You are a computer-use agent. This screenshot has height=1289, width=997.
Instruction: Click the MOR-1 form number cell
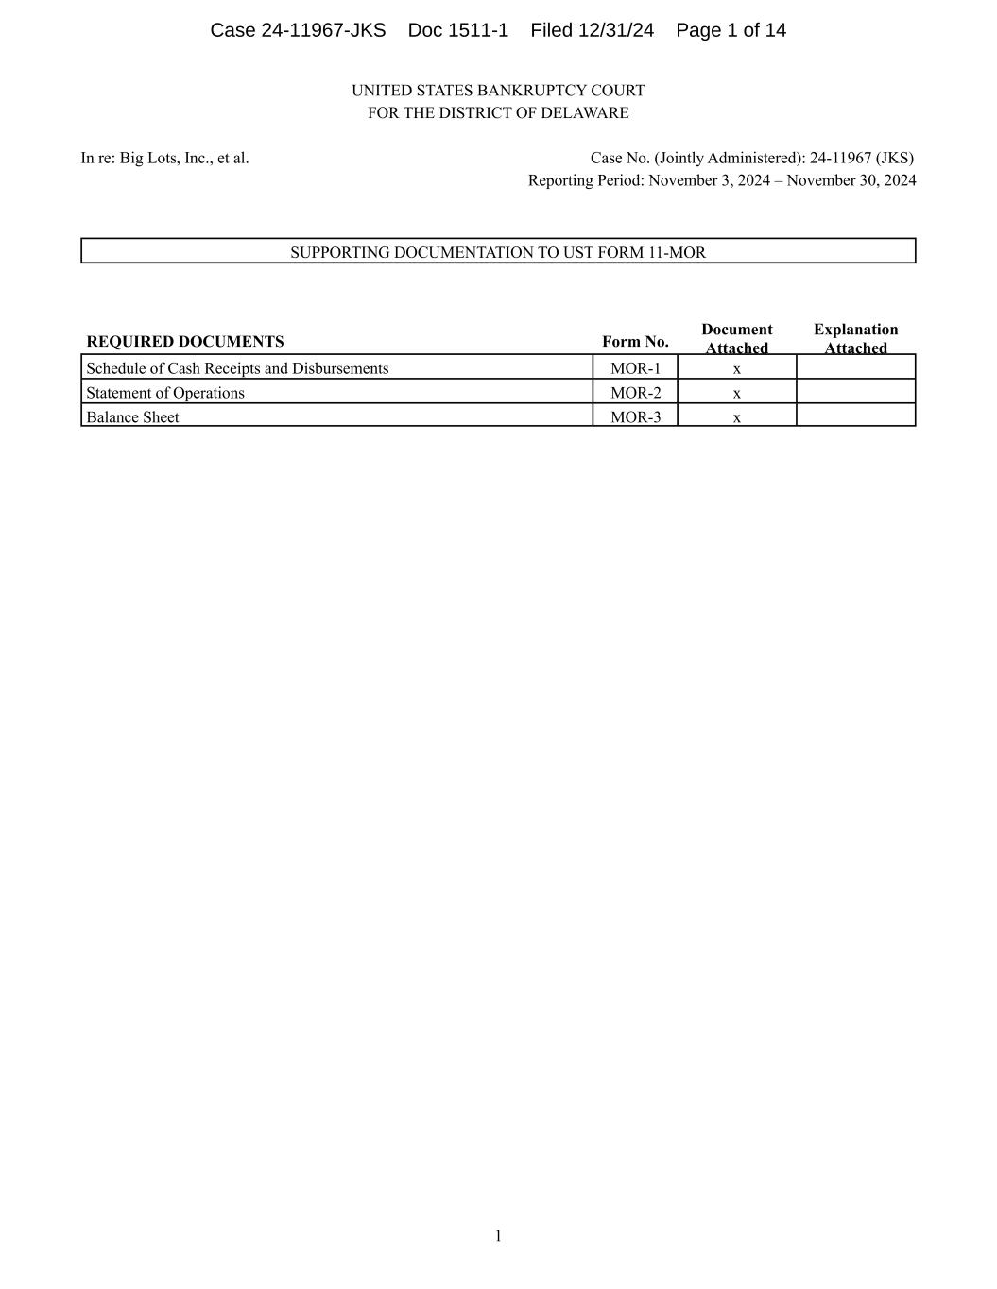635,368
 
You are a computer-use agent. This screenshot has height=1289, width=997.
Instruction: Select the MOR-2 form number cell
635,393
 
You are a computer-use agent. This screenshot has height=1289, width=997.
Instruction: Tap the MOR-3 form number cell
635,417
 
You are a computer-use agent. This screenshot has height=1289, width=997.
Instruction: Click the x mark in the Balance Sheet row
737,417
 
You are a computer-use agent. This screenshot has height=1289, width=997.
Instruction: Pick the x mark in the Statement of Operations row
737,393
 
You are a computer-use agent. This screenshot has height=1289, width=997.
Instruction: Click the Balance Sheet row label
132,417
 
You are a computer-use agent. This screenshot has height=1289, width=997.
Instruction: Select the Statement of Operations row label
165,393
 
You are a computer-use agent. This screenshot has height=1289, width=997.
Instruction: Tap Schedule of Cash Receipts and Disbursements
237,368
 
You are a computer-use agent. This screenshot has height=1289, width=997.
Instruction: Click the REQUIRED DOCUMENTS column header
185,342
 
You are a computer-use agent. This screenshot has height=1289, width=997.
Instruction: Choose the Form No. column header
635,342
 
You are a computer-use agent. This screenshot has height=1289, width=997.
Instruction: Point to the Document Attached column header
737,338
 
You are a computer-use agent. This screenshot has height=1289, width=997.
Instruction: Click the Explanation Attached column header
856,338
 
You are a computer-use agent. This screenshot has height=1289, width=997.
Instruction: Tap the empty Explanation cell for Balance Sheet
856,416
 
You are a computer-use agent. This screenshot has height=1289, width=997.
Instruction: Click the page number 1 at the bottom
498,1236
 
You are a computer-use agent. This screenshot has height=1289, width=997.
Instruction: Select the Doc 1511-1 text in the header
458,30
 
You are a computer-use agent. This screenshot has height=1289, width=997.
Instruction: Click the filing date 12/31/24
616,30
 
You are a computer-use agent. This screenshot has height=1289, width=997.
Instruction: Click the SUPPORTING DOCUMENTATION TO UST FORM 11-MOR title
498,252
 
